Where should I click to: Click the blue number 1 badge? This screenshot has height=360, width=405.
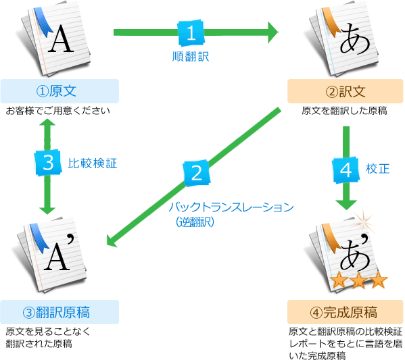[191, 33]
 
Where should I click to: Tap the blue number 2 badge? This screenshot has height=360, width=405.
[197, 173]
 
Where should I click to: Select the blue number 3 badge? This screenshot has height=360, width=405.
[48, 163]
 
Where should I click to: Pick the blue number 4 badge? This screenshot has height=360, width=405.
[346, 170]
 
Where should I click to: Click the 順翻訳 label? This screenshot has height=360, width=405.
[191, 57]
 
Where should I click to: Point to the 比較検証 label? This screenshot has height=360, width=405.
[93, 163]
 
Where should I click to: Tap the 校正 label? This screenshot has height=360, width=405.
[377, 169]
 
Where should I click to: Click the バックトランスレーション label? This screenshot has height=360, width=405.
[231, 207]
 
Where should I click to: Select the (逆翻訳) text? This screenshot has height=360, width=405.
[195, 222]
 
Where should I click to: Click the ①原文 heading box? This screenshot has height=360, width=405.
[59, 91]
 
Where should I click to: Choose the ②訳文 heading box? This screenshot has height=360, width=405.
[346, 91]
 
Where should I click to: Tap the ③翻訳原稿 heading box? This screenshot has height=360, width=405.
[59, 312]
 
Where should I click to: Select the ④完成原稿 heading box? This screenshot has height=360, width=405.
[346, 312]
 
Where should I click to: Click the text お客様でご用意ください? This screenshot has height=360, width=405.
[58, 111]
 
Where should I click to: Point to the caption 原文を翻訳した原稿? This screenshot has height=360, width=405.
[345, 111]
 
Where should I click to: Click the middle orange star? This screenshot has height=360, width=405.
[359, 280]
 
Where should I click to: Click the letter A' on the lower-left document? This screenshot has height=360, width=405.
[61, 253]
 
